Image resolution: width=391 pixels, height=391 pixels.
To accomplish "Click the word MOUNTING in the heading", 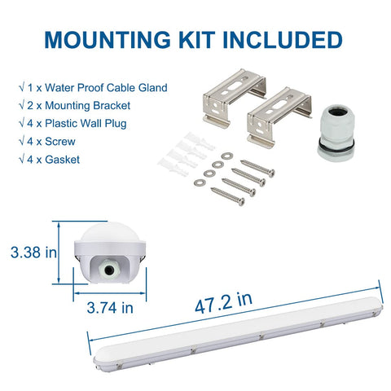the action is coord(108,40).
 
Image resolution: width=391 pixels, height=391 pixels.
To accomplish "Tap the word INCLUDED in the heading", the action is coord(283,40).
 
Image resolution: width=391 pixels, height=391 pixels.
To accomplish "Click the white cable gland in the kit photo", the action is coord(336,133).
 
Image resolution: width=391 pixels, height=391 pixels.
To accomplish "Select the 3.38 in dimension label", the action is coord(33,252).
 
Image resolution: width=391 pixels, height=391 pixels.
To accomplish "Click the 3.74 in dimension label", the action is coord(110,308).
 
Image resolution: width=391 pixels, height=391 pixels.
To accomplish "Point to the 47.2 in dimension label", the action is coord(223,303).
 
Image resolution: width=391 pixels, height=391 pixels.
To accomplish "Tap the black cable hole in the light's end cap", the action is coord(109,270).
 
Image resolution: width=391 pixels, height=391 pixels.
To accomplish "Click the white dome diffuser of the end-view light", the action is coord(109,231).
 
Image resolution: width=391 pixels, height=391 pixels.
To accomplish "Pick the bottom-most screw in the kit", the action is coord(227,196).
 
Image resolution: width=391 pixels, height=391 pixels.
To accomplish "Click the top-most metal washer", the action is coord(226,156).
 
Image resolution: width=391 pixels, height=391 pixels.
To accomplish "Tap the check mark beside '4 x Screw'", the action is coord(22,141).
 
